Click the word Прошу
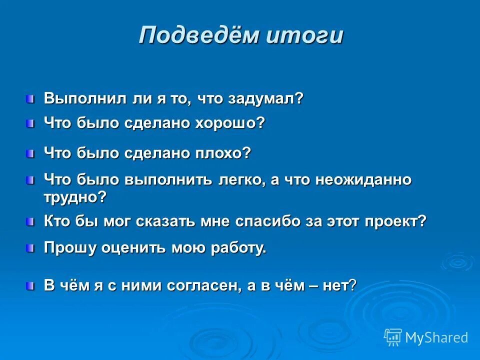pos(69,248)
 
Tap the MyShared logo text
pos(436,337)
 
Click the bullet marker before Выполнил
pos(31,97)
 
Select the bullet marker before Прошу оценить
pos(31,247)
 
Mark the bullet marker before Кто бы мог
pos(31,221)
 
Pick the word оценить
pos(133,248)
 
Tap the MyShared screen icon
pos(393,337)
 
